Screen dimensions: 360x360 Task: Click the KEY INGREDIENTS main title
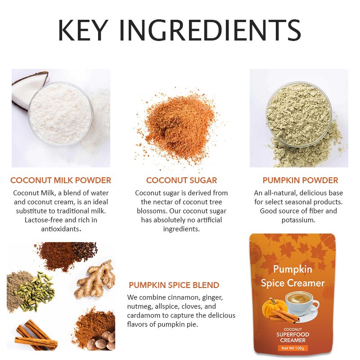point(180,31)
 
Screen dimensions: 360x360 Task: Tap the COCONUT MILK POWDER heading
point(61,180)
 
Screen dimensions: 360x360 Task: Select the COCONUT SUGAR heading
point(181,180)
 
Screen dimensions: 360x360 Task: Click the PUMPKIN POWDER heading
point(300,180)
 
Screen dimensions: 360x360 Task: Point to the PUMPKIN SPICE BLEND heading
point(174,285)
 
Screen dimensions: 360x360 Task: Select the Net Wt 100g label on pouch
point(293,347)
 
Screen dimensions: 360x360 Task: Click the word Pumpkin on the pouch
point(292,269)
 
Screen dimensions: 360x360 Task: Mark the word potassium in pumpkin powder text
point(298,220)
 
